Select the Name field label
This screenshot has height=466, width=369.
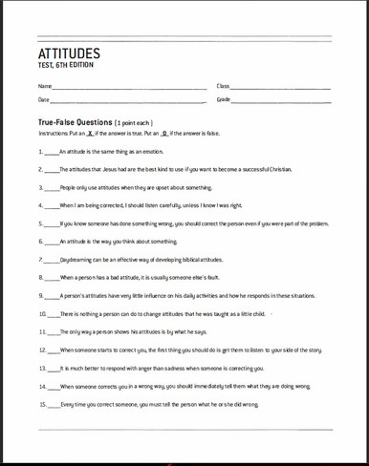click(43, 87)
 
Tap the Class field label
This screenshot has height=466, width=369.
click(223, 87)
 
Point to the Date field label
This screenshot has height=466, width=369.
click(43, 99)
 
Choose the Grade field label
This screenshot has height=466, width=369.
click(224, 99)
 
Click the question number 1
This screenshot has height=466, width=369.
click(40, 151)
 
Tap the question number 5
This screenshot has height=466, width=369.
click(40, 222)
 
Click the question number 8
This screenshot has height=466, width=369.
click(40, 277)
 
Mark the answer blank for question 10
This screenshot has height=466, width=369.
click(55, 313)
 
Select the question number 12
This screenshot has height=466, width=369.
click(42, 349)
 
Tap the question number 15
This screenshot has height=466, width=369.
click(42, 404)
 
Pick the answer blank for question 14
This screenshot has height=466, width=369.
click(55, 386)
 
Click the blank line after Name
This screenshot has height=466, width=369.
click(129, 89)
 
